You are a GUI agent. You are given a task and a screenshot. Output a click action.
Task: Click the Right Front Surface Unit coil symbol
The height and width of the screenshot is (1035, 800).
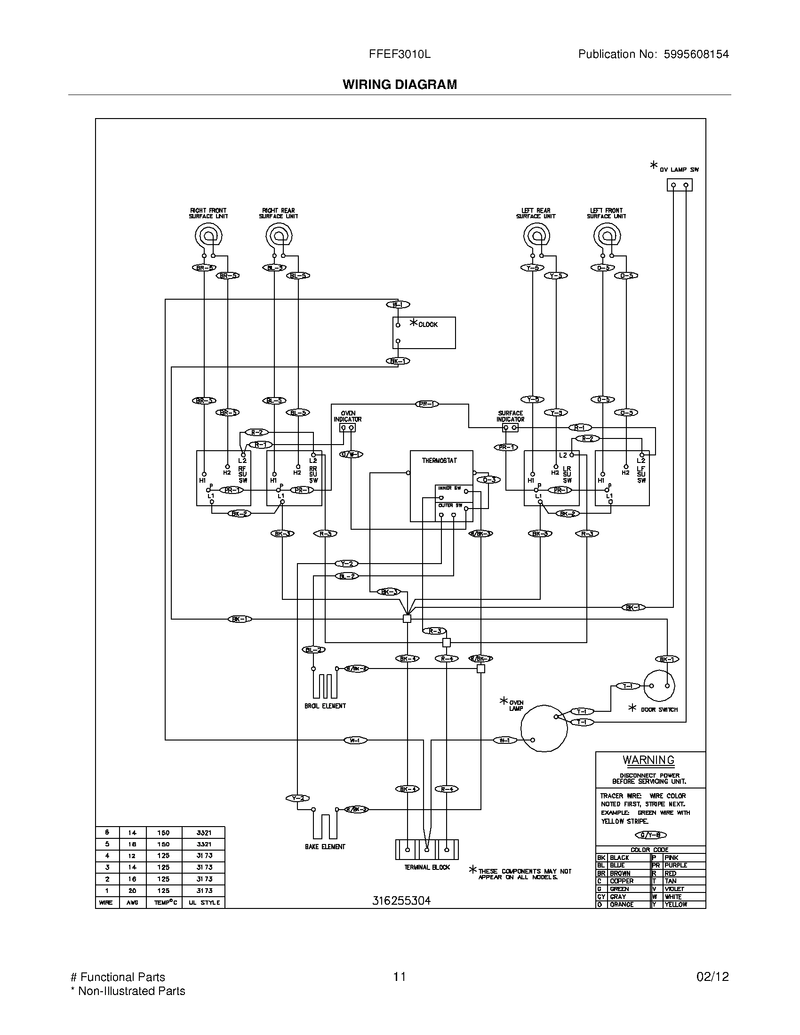click(208, 235)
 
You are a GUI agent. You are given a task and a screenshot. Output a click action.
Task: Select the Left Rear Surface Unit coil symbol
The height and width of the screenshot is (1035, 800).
click(536, 235)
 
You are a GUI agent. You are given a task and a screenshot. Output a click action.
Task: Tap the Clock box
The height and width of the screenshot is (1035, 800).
click(424, 333)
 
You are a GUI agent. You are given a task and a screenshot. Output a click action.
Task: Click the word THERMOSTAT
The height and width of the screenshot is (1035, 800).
click(440, 460)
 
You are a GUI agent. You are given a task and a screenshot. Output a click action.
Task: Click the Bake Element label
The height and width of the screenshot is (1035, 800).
click(325, 846)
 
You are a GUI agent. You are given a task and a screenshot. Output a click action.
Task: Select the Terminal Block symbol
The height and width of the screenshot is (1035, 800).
click(426, 850)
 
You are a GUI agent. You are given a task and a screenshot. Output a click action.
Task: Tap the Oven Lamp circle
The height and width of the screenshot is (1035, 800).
click(544, 728)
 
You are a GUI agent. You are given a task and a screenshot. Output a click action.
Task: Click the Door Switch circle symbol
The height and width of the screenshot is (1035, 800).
click(659, 685)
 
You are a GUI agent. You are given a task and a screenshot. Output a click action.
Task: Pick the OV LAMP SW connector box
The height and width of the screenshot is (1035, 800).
click(679, 185)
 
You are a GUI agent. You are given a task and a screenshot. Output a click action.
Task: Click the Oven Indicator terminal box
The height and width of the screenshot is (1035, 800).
click(347, 428)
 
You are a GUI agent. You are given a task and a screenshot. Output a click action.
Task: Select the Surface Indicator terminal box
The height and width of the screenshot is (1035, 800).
click(510, 428)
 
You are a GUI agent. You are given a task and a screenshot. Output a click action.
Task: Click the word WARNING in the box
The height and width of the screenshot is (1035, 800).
click(648, 760)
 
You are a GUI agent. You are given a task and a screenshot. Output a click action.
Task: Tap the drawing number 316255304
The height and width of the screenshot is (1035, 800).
click(401, 901)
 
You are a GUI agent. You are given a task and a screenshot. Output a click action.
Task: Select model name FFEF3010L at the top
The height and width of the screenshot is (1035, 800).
click(400, 54)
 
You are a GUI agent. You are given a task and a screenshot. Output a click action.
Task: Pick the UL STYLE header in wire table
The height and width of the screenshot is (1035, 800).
click(204, 903)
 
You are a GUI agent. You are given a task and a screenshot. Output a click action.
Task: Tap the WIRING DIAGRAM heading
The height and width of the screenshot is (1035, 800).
click(400, 84)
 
